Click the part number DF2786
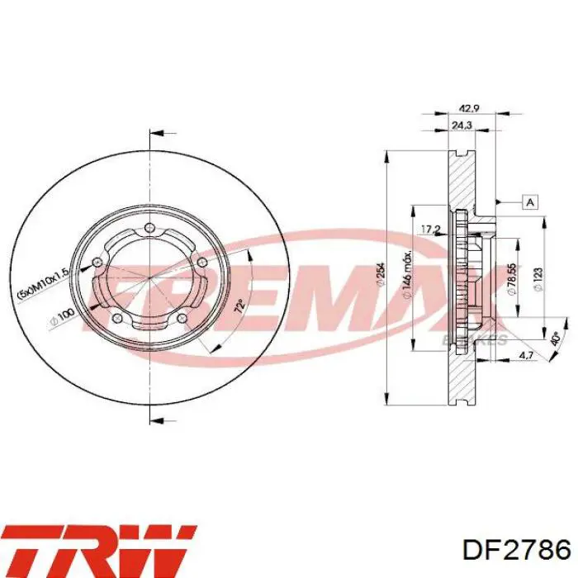(x=516, y=550)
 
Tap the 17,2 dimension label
(x=430, y=229)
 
